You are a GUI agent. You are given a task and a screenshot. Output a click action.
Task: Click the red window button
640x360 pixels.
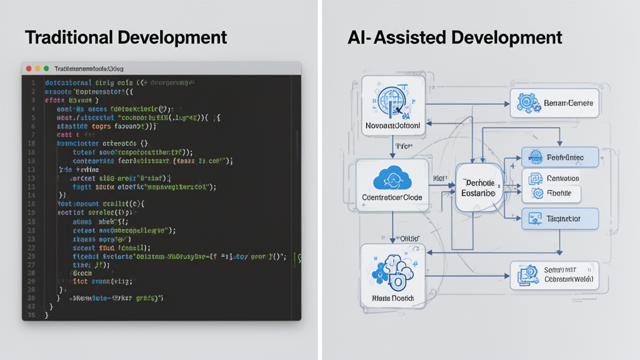click(28, 67)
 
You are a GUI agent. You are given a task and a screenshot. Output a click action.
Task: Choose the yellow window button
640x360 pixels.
click(37, 67)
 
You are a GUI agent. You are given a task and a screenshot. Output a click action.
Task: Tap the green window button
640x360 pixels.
click(46, 67)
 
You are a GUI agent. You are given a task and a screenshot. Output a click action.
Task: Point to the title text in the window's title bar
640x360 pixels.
click(89, 67)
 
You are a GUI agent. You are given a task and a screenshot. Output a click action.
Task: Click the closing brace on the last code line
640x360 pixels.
click(47, 316)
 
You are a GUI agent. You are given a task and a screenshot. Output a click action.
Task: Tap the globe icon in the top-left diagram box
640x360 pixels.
click(392, 101)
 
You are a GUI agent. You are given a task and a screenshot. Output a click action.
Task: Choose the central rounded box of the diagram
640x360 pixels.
click(480, 187)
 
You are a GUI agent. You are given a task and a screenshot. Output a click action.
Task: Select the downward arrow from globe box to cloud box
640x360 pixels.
click(392, 148)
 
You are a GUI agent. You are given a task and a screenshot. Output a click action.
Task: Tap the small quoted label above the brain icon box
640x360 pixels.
click(409, 238)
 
